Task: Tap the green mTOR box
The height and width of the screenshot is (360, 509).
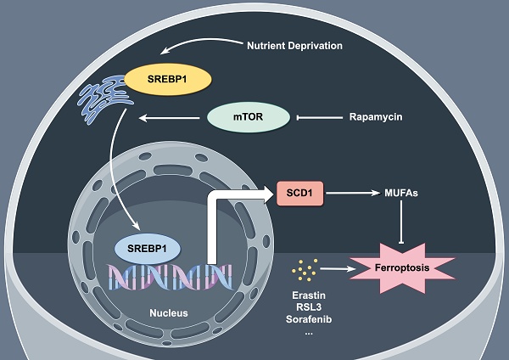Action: (249, 117)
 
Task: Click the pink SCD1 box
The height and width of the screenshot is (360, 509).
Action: (301, 194)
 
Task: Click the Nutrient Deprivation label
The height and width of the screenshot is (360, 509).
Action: (294, 45)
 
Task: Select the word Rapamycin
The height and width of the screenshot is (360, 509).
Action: (376, 116)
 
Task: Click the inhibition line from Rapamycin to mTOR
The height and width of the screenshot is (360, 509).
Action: (317, 117)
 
